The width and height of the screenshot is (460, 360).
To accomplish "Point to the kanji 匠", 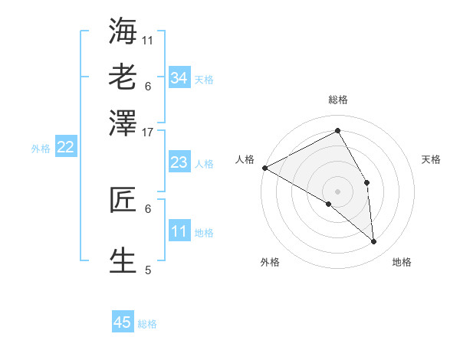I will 123,200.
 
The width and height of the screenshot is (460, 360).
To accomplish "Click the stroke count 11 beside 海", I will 148,40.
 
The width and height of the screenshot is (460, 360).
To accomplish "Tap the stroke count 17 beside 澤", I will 148,132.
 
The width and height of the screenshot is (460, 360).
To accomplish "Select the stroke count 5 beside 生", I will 148,270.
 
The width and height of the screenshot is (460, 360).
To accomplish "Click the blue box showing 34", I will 179,78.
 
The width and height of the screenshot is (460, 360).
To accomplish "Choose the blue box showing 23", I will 179,162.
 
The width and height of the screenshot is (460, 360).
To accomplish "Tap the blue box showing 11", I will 179,231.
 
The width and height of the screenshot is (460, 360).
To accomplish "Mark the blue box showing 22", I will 65,148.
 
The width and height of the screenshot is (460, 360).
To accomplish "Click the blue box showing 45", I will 123,322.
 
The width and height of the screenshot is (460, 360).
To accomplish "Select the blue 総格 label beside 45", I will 147,324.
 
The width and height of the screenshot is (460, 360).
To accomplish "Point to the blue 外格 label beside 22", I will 41,149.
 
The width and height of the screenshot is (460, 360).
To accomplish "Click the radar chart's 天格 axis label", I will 432,159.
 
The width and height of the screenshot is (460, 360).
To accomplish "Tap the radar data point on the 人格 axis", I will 264,168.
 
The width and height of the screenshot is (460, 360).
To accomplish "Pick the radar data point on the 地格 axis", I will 374,242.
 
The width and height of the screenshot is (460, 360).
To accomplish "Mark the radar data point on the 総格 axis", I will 338,131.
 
